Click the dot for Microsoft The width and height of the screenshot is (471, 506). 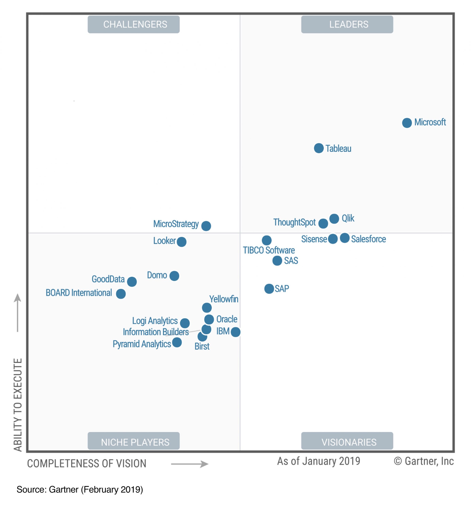tap(407, 123)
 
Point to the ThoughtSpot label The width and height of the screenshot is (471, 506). tap(294, 222)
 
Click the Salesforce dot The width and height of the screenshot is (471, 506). tap(345, 238)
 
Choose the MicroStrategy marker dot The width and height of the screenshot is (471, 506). tap(206, 226)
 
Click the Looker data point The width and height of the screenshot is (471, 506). tap(181, 242)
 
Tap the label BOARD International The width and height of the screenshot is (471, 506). tap(79, 293)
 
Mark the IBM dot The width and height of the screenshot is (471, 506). tap(235, 332)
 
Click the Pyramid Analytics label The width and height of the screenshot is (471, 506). tap(142, 344)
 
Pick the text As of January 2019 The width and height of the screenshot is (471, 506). tap(318, 461)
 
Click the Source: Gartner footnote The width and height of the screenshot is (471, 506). tap(80, 489)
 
